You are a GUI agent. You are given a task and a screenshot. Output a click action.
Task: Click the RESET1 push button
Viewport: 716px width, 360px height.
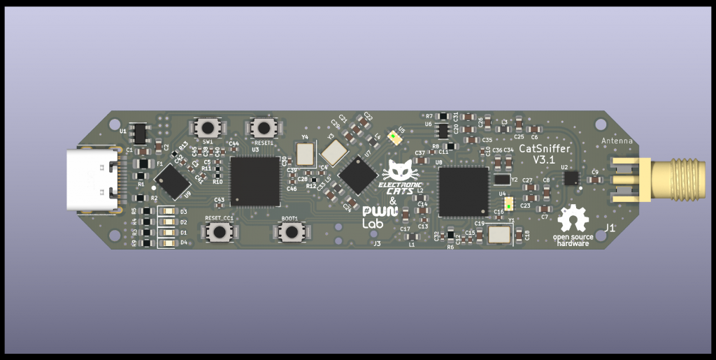point(264,128)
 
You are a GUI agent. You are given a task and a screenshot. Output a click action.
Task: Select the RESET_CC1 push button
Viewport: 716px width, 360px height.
point(219,231)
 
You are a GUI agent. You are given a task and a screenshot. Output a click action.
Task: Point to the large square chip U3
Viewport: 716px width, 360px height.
point(255,181)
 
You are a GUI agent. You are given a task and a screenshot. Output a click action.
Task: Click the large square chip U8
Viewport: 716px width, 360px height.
point(463,192)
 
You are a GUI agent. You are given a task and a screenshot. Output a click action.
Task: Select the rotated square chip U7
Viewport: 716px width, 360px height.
point(358,175)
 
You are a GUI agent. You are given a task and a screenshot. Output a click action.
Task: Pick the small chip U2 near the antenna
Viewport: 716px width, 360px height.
point(571,178)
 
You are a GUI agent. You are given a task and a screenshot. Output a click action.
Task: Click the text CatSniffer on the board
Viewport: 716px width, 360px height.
point(544,148)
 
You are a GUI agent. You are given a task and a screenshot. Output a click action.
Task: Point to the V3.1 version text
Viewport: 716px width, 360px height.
point(544,160)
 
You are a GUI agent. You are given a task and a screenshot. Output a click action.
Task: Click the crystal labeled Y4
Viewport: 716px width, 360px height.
point(306,153)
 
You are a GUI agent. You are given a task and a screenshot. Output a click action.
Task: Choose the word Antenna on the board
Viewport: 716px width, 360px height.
point(617,141)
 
